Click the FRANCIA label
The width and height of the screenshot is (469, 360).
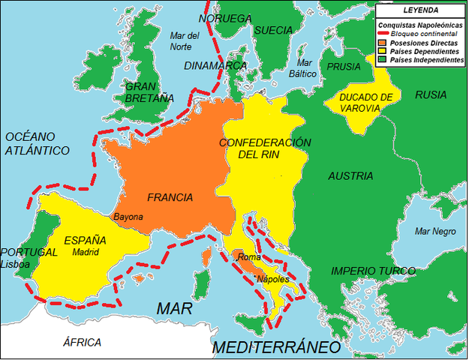170,198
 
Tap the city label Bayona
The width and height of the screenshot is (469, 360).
128,217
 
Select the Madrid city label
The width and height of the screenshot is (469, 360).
86,253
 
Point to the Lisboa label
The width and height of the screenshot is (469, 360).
16,265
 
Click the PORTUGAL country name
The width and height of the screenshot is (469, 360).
29,252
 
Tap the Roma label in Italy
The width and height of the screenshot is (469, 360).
248,258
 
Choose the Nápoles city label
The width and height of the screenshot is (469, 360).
273,279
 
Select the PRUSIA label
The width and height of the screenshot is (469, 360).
344,66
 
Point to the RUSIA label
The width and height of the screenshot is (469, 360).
430,95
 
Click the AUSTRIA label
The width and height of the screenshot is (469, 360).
350,176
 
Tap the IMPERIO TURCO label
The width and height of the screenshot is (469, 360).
373,271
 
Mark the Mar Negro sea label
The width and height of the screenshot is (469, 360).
434,231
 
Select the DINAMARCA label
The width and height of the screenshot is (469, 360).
215,66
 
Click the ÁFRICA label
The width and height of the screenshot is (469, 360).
82,343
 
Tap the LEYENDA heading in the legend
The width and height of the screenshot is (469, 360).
421,10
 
